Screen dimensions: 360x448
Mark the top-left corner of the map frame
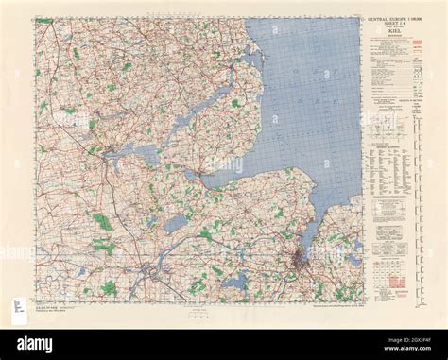tap(36, 19)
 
